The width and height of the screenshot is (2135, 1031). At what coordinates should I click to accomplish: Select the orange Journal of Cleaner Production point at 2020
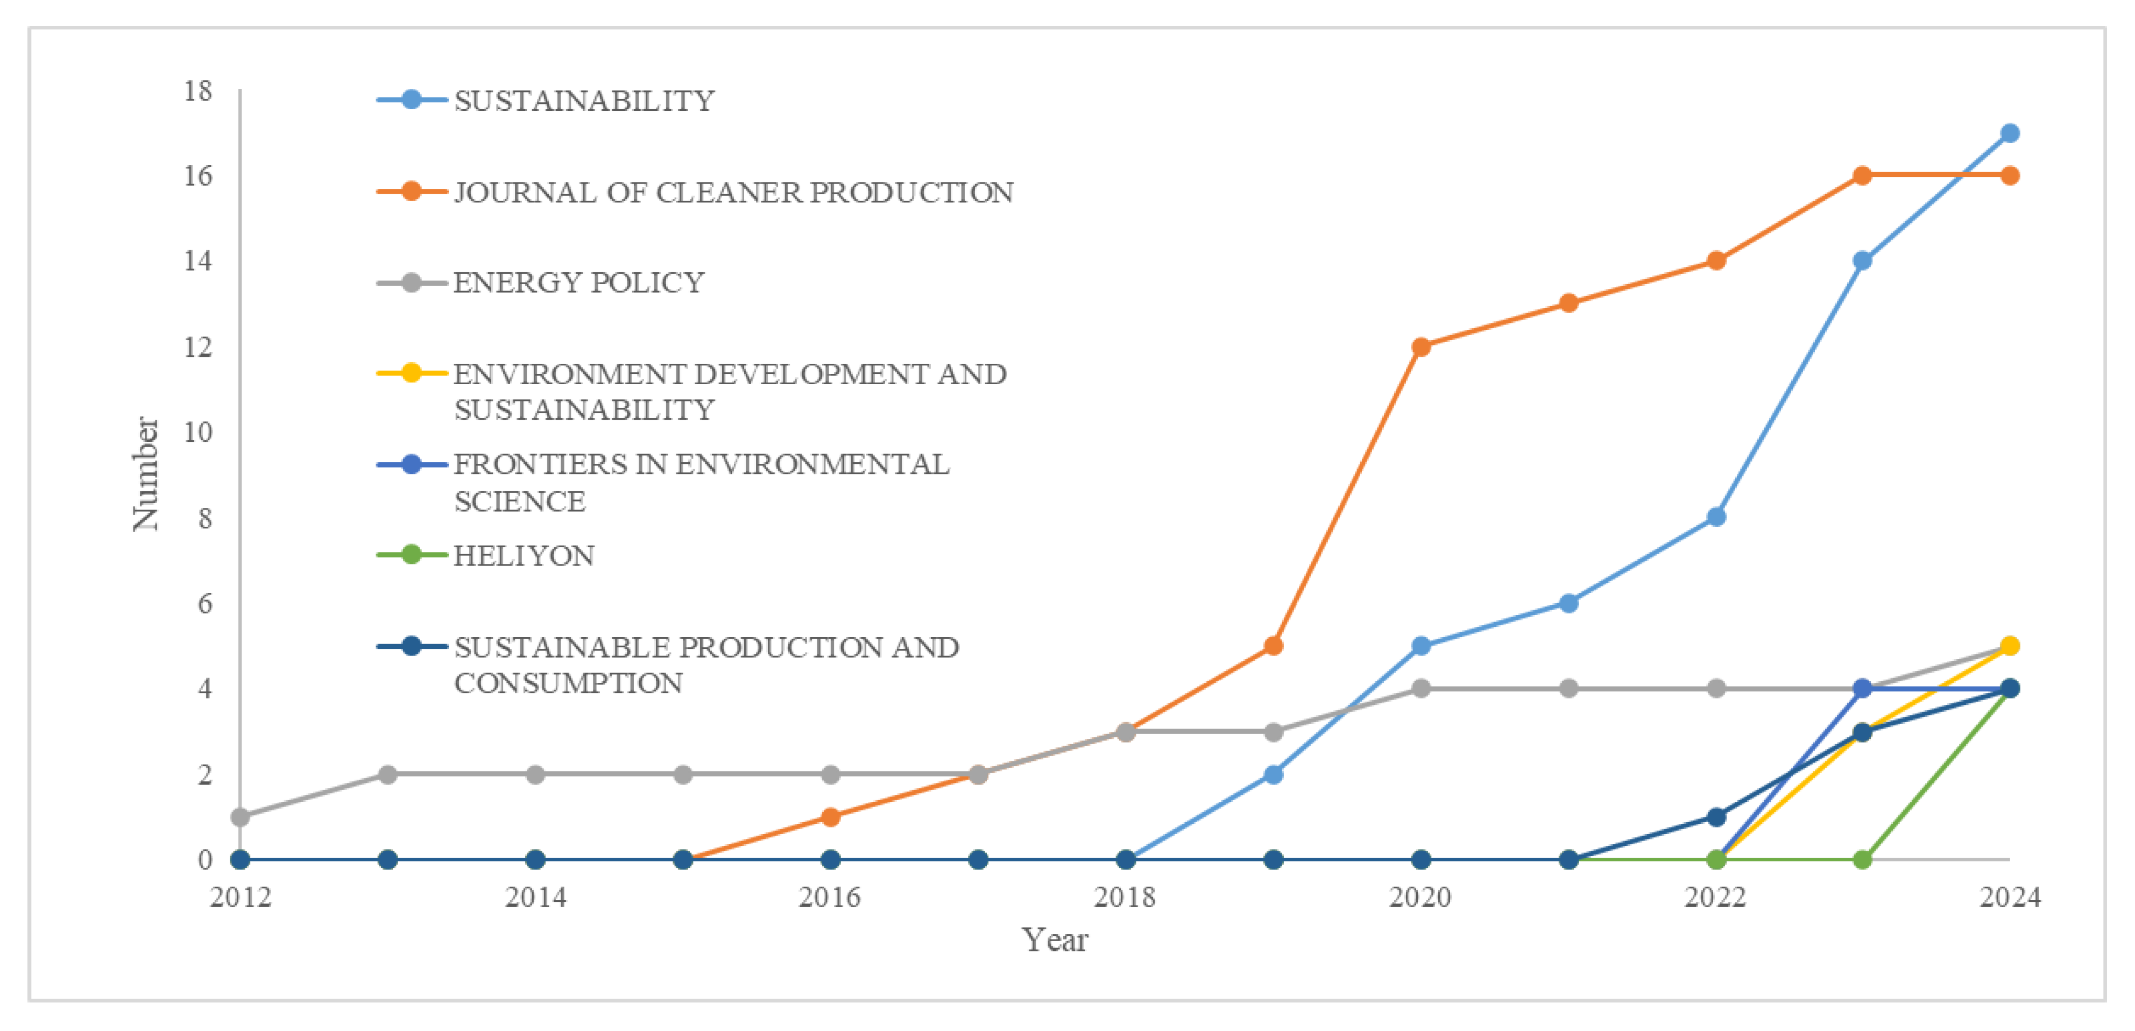tap(1420, 347)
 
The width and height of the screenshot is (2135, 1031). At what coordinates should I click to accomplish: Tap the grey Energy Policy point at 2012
tap(241, 817)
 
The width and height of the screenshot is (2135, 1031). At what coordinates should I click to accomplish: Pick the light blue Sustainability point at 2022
tap(1716, 517)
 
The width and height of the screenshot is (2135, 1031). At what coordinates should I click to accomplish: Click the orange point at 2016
tap(830, 817)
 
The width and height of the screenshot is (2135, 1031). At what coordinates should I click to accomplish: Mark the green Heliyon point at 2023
tap(1862, 859)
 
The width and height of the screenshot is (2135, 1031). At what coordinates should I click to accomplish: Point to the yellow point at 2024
tap(2009, 646)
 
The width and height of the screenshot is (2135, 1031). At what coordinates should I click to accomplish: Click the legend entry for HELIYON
tap(524, 555)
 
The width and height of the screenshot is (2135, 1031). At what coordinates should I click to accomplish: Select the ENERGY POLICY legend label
tap(578, 283)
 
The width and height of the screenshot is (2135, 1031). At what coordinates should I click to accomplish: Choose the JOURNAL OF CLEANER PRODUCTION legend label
tap(733, 192)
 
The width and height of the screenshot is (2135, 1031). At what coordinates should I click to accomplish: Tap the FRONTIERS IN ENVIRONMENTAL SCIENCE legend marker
tap(411, 464)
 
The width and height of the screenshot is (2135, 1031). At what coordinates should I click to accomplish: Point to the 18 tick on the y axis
tap(198, 90)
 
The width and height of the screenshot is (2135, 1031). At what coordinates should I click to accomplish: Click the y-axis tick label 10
tap(198, 432)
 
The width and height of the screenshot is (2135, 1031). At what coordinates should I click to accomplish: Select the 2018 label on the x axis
tap(1125, 896)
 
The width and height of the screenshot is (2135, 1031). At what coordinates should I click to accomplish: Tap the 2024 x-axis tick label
tap(2009, 896)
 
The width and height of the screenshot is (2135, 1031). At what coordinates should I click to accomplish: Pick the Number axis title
tap(146, 474)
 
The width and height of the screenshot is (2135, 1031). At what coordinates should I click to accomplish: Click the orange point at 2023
tap(1862, 176)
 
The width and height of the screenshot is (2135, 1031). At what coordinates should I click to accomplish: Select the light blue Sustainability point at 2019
tap(1273, 775)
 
